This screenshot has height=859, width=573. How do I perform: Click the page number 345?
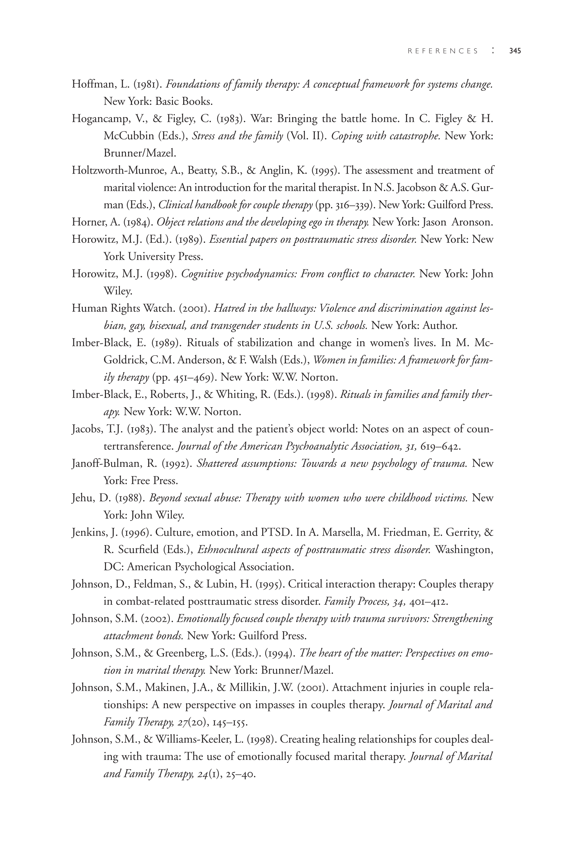click(515, 51)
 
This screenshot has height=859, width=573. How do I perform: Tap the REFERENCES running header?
click(443, 51)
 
